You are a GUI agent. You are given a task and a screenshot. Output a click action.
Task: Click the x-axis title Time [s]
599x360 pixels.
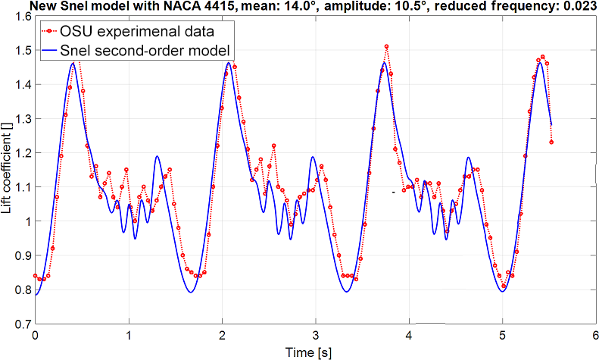(x=316, y=351)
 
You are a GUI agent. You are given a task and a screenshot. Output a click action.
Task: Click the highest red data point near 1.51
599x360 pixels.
(x=387, y=47)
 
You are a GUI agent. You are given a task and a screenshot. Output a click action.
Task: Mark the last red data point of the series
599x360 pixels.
(x=552, y=142)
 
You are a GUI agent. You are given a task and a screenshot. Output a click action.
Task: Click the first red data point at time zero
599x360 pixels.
(x=35, y=276)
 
